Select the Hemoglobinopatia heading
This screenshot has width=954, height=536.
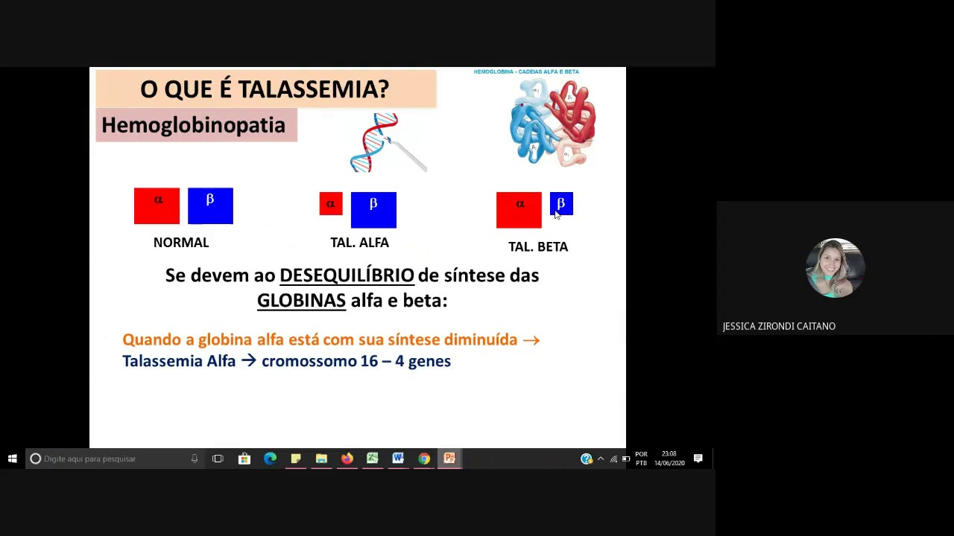[194, 125]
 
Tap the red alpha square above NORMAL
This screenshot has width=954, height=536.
[157, 205]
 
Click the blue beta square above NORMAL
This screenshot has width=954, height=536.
[210, 205]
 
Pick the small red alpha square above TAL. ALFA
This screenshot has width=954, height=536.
[331, 204]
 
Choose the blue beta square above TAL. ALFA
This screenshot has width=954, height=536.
[373, 209]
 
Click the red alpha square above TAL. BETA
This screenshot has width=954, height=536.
[519, 210]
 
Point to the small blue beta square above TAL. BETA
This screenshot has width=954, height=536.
[561, 203]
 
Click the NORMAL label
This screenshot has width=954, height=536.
[181, 243]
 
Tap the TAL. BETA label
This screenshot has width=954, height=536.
[538, 246]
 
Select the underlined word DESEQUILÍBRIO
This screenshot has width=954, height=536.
[347, 275]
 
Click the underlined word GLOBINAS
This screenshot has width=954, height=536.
[301, 301]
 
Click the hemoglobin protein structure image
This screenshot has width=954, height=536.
[553, 122]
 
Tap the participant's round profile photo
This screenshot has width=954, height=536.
[835, 268]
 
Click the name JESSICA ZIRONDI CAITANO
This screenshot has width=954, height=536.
[779, 326]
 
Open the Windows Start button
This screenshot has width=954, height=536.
[13, 459]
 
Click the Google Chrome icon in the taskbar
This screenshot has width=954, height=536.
[423, 459]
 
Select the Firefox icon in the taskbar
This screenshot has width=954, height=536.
[347, 459]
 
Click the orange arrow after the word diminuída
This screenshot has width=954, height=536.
[531, 340]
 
